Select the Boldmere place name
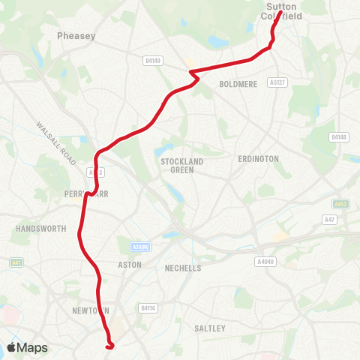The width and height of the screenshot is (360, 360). pos(238,85)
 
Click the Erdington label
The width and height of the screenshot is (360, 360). pos(258,159)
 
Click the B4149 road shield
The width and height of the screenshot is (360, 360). pos(154,60)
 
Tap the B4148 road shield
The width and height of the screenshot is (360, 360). pos(339,137)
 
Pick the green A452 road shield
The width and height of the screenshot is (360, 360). pos(341,203)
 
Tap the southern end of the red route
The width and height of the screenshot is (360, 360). pos(110,346)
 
